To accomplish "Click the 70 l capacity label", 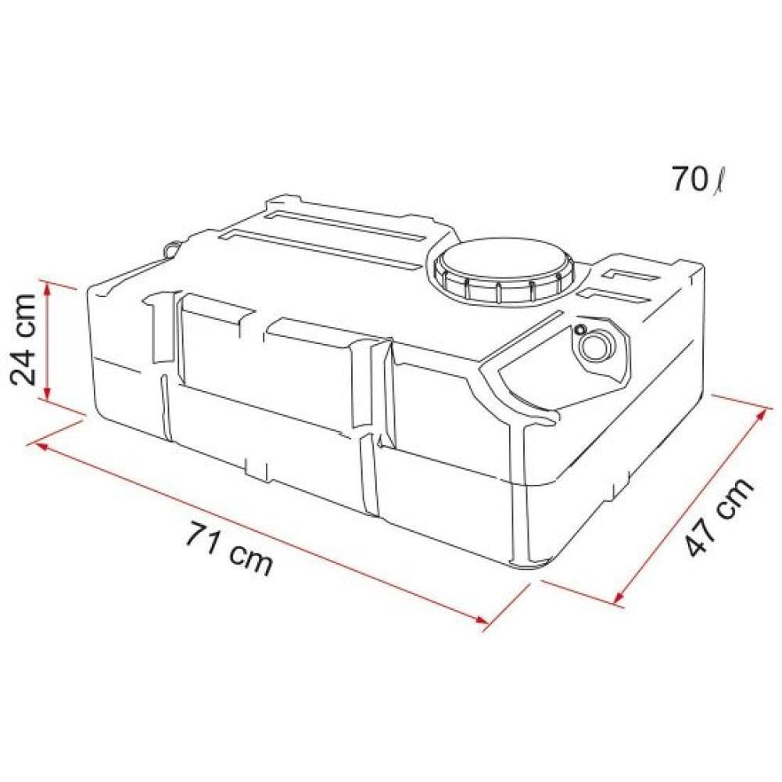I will [x=698, y=180].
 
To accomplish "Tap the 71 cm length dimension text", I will [x=230, y=548].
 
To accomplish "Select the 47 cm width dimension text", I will [x=719, y=516].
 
